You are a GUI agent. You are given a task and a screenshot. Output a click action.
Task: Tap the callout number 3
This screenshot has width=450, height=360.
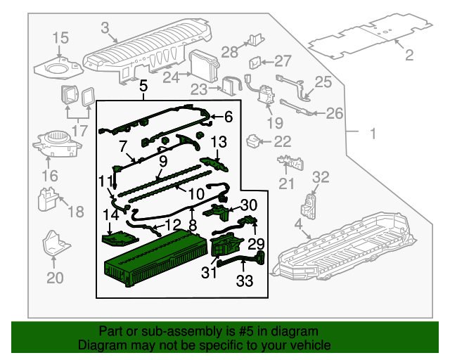click(105, 28)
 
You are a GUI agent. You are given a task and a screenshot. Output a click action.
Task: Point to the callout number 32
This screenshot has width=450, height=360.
click(320, 176)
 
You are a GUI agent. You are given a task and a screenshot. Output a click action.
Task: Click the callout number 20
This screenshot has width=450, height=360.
click(55, 278)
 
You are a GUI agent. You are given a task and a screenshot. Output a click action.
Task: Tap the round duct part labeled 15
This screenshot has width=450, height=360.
click(56, 68)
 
